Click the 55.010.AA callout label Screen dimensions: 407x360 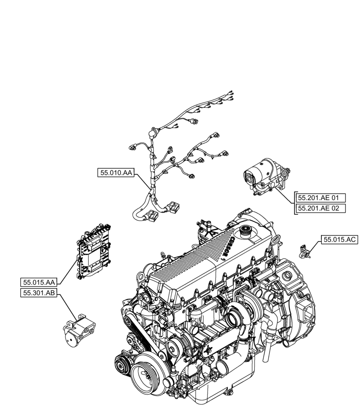tap(116, 173)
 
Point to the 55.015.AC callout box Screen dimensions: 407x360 tap(340, 240)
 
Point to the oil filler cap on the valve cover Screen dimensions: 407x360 tap(246, 232)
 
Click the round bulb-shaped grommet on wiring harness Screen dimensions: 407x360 tap(154, 132)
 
